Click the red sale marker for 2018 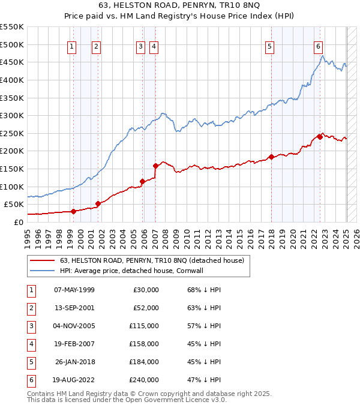click(271, 157)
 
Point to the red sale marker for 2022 click(320, 137)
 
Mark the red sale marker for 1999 click(73, 211)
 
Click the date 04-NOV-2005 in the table click(74, 326)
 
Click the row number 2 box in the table click(29, 308)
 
